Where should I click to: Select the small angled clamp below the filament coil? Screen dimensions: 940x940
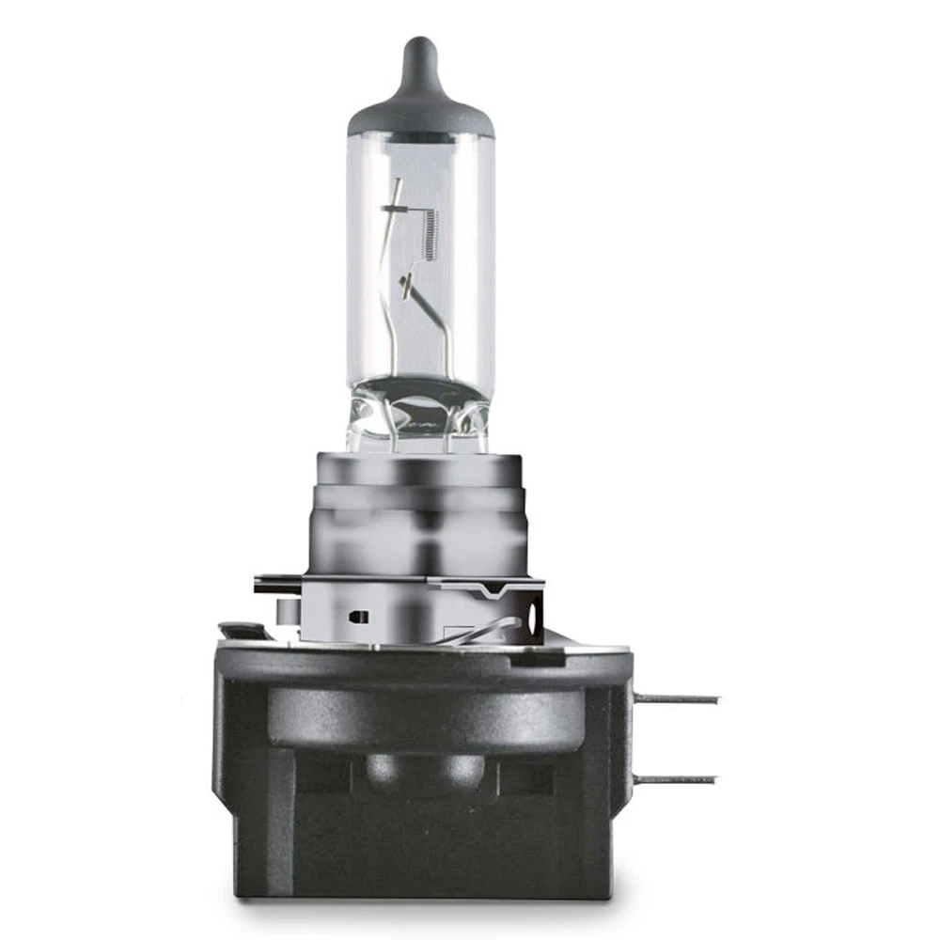coord(407,285)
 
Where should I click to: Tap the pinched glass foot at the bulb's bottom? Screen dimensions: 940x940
coord(419,423)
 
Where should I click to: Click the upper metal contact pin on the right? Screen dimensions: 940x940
coord(677,698)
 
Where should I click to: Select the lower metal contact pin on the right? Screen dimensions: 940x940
coord(675,779)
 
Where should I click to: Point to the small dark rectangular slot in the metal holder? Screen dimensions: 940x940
coord(354,618)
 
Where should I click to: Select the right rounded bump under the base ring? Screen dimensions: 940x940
coord(462,766)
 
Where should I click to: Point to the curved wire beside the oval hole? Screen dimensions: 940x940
coord(489,633)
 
